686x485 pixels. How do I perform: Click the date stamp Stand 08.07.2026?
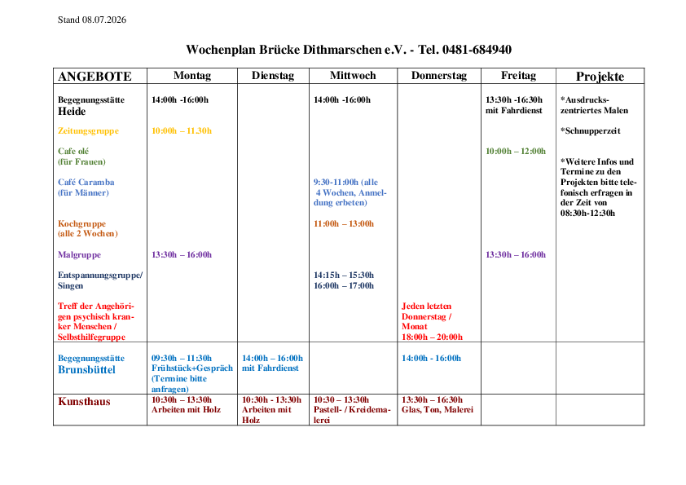92,20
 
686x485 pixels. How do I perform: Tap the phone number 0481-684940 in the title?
477,50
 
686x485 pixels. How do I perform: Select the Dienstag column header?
273,76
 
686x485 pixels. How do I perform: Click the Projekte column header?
600,77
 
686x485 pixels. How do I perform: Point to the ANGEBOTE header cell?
95,77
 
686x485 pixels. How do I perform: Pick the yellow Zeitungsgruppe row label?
88,131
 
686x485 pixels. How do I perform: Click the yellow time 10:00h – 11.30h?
182,131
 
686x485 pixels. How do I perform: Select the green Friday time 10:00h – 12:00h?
516,152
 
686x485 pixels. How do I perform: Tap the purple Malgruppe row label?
79,255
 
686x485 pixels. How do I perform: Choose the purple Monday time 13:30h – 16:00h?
182,255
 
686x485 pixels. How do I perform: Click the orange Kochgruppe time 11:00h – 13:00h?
344,223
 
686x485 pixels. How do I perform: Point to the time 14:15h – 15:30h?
344,276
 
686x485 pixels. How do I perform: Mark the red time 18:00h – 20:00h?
433,337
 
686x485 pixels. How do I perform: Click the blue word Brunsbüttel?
86,370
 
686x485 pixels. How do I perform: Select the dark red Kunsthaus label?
84,402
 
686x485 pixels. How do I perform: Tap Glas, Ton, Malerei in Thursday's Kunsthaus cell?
438,410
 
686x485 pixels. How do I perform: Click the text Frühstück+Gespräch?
192,368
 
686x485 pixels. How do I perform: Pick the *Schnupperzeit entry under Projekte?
590,131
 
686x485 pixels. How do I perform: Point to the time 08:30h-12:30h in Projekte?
587,214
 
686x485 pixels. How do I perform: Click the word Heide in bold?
72,112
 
